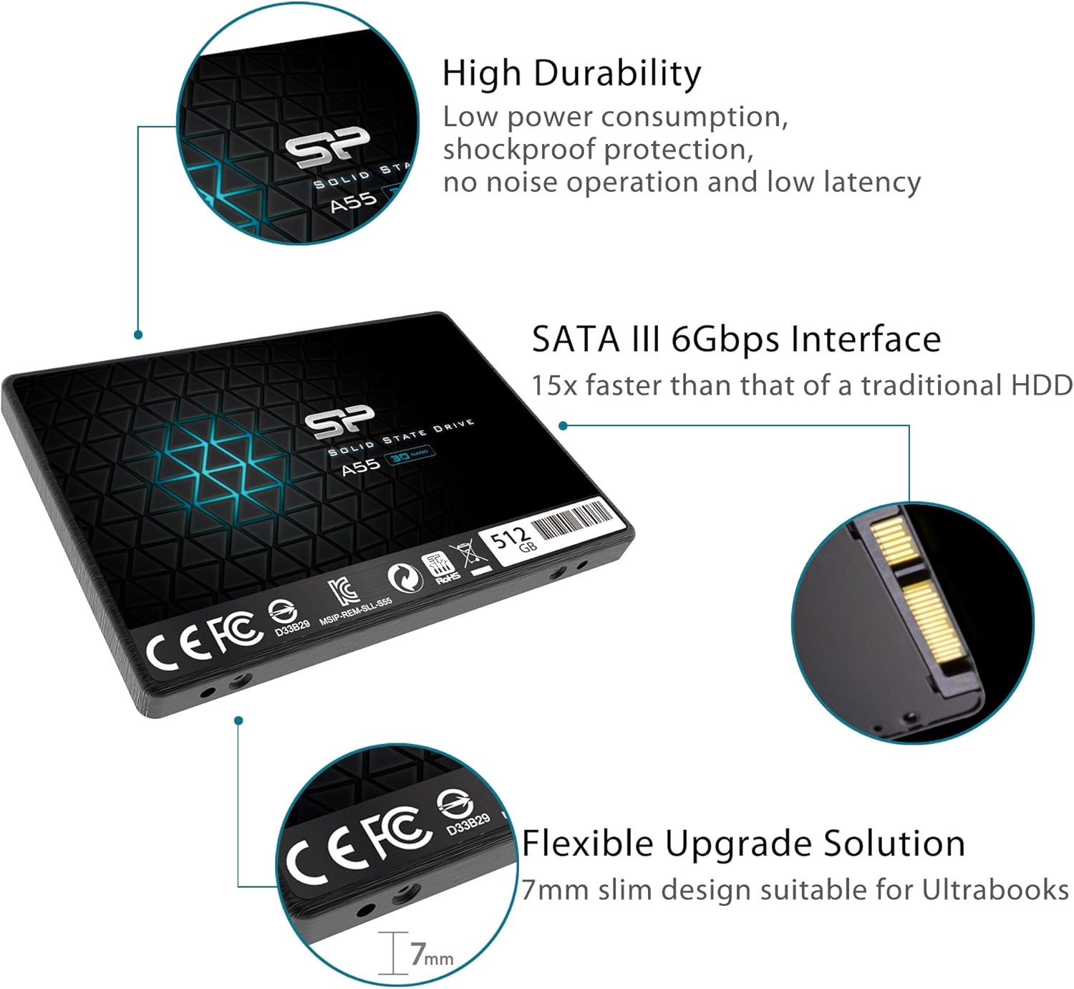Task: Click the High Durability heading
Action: coord(571,74)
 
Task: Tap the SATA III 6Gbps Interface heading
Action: coord(735,339)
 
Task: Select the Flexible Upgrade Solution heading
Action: coord(742,844)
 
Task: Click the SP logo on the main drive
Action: coord(340,422)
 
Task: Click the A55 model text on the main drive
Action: coord(360,466)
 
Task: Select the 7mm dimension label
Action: coord(431,955)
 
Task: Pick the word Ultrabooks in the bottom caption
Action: coord(995,890)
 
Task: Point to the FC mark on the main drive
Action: coord(236,632)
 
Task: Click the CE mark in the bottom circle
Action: coord(322,854)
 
